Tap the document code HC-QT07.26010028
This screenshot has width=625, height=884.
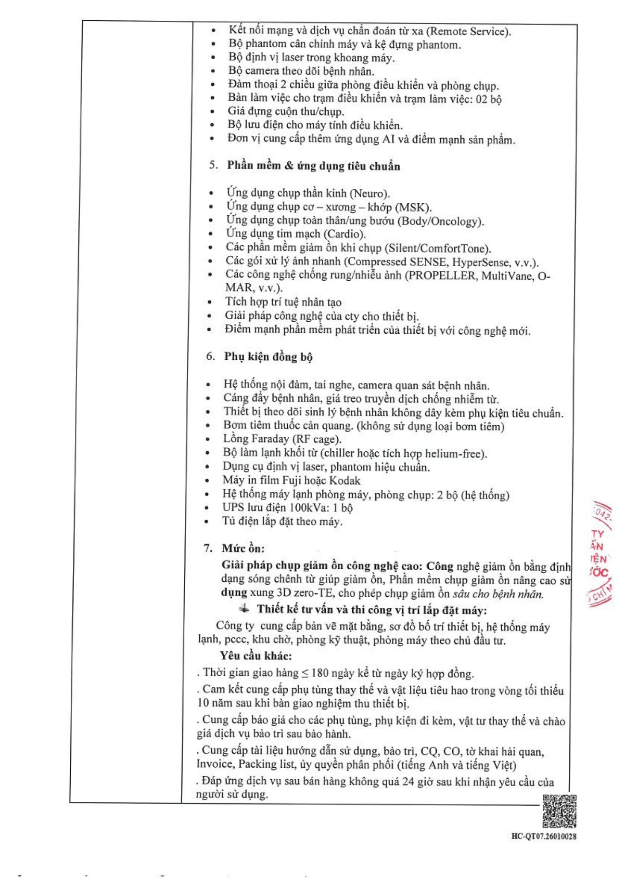543,836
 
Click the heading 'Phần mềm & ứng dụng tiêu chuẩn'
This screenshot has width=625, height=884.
313,166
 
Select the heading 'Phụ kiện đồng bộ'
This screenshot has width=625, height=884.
268,357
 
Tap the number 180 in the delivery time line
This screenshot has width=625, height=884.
320,673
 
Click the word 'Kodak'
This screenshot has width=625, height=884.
345,480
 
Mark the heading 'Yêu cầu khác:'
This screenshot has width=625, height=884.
256,656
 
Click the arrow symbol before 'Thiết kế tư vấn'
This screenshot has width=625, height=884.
244,609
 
